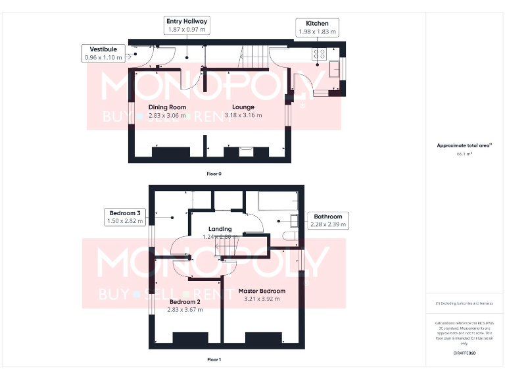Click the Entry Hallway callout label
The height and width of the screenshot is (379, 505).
185,26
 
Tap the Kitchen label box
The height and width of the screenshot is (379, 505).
317,28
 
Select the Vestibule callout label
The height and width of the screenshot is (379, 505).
103,53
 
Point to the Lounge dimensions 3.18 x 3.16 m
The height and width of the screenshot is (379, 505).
243,115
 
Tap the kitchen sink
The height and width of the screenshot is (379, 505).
334,68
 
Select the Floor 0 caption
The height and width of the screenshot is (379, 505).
214,173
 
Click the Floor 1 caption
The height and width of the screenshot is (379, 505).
214,360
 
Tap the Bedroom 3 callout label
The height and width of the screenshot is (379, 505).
125,217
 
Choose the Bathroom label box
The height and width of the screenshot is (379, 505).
327,220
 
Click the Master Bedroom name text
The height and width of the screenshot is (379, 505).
262,291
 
